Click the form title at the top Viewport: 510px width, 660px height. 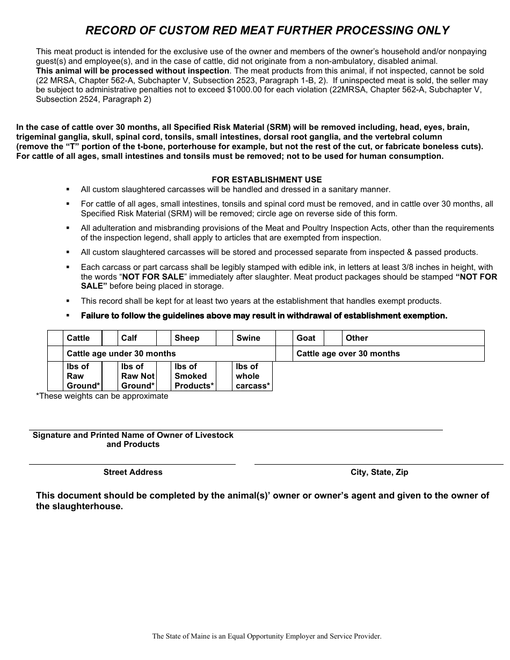[267, 31]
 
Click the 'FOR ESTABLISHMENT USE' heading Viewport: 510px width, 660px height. [267, 180]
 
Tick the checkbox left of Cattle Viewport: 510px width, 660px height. [55, 338]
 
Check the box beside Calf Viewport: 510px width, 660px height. [110, 338]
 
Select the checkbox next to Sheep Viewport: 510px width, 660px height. [163, 338]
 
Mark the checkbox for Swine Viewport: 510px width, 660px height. [224, 338]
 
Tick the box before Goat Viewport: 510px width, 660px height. [284, 338]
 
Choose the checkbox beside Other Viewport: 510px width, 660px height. [333, 338]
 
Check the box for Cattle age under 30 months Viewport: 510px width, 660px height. [55, 354]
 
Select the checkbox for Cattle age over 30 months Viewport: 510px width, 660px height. [284, 354]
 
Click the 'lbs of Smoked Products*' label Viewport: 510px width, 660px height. [194, 376]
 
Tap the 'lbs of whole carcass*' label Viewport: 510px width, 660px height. [252, 376]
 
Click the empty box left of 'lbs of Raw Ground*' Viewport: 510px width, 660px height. [55, 376]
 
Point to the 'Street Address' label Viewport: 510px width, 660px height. [133, 472]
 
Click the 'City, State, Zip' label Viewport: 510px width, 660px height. [379, 472]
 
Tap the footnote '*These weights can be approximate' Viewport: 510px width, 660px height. [102, 396]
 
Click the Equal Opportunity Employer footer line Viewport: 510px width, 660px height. [267, 636]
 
